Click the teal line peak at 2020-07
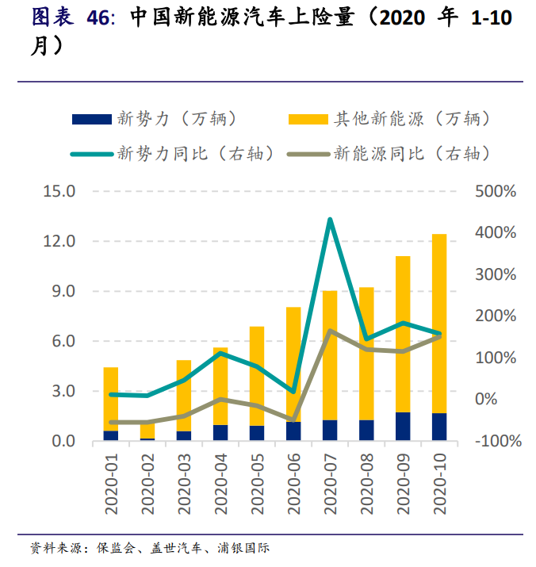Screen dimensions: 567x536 (330, 220)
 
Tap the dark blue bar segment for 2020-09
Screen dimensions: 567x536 (403, 426)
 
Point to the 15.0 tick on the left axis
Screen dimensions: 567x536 (59, 191)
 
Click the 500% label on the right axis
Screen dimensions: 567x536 (496, 191)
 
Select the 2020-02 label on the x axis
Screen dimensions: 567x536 (147, 483)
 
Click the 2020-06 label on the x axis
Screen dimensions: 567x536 (293, 483)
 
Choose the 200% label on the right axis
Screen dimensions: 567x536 (496, 316)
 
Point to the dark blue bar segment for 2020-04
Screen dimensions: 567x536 (220, 432)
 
